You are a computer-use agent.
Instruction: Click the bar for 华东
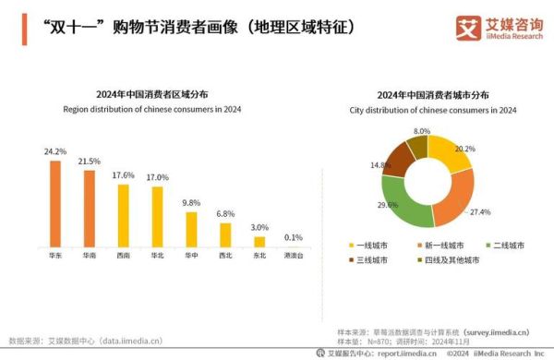coord(55,200)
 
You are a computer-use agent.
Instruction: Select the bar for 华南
coord(90,206)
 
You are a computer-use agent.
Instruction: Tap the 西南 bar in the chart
coord(123,212)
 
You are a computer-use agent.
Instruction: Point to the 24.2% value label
coord(55,151)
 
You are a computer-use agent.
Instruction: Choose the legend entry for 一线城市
coord(368,245)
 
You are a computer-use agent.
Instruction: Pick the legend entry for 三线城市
coord(368,260)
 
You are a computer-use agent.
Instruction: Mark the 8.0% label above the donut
coord(422,131)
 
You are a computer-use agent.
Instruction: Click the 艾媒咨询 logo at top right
coord(499,27)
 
